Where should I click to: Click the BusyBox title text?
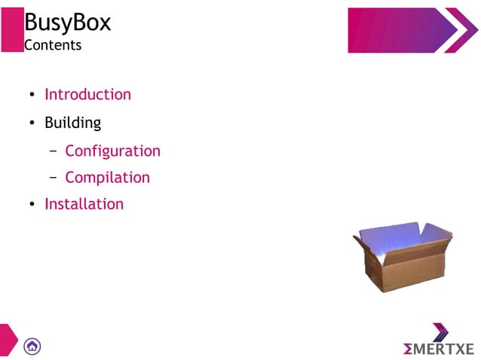(x=67, y=23)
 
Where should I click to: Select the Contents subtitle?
(x=52, y=45)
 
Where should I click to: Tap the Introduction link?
(x=87, y=94)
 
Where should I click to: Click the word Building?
(x=72, y=122)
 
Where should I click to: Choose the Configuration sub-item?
(x=112, y=151)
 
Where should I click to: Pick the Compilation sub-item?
(x=107, y=178)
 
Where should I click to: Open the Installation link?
(x=84, y=204)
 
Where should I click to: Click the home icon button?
(x=32, y=346)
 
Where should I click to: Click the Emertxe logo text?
(x=439, y=349)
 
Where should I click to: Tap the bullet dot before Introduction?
(x=32, y=96)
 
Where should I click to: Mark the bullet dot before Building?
(x=32, y=123)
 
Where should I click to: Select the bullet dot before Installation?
(x=32, y=205)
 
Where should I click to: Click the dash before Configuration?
(x=54, y=151)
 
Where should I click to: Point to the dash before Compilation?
(x=54, y=178)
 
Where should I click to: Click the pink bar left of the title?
(x=11, y=30)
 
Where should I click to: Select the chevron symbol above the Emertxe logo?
(x=441, y=332)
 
